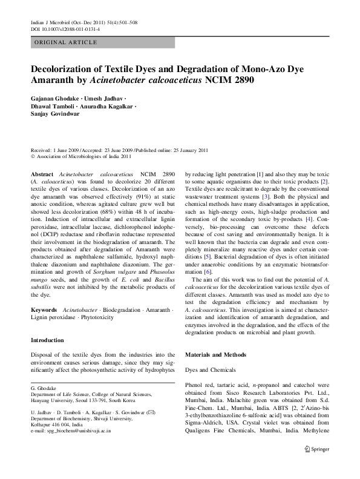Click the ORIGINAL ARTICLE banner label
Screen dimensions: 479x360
tap(66, 42)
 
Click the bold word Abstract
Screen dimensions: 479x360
tap(43, 173)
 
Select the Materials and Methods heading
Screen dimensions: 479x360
tap(216, 353)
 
